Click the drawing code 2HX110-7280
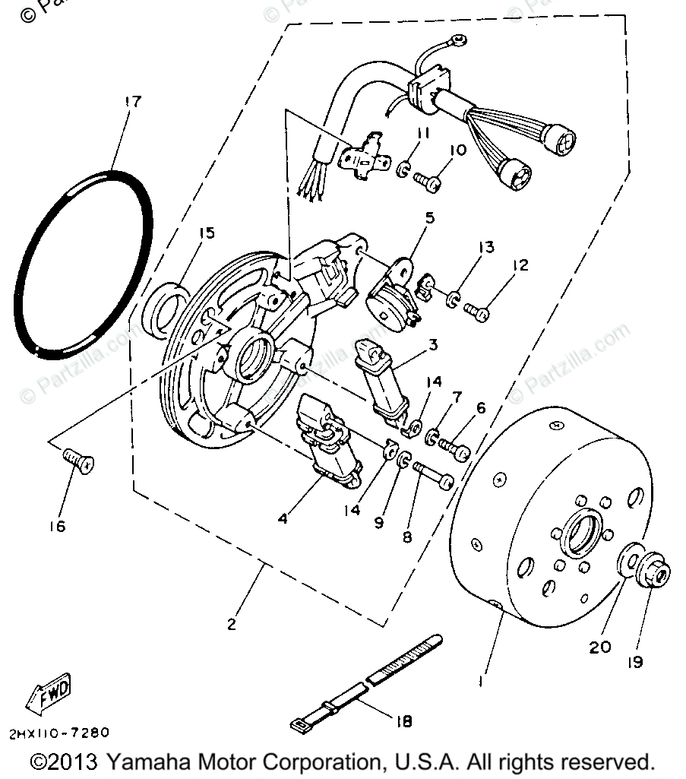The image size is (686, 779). [59, 733]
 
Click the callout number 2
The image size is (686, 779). [231, 625]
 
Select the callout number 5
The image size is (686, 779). [430, 219]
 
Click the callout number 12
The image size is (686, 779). [520, 265]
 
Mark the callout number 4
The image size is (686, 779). [283, 519]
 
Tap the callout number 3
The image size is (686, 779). [432, 345]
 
